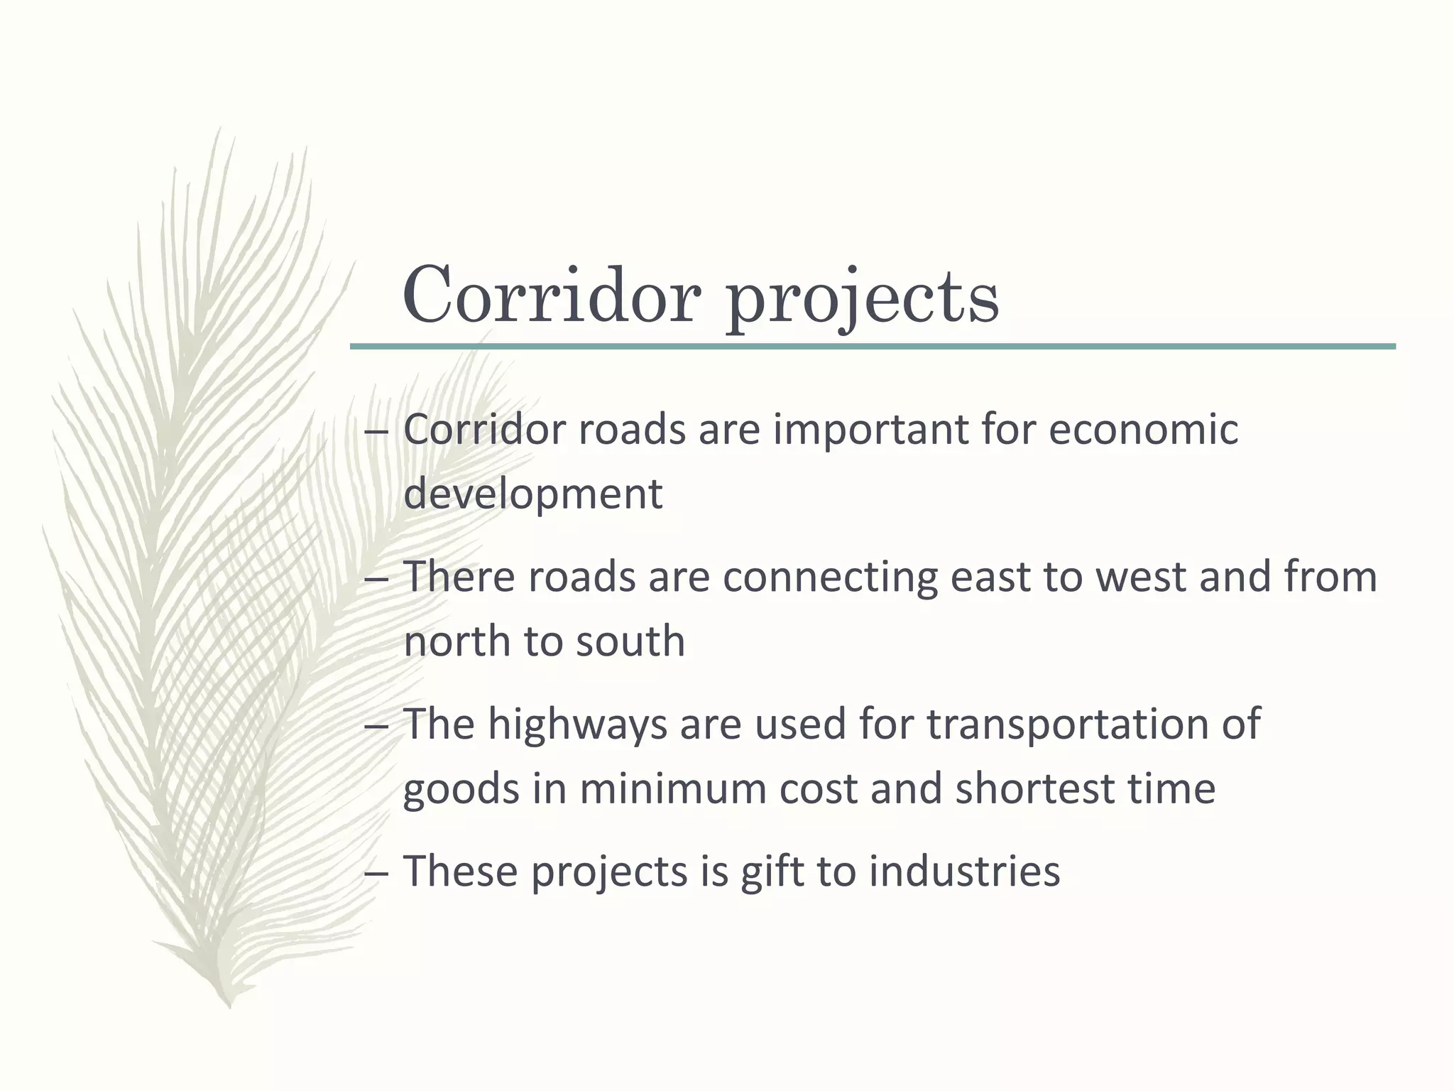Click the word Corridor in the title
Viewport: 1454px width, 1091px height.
[552, 295]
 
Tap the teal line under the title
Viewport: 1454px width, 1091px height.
[872, 347]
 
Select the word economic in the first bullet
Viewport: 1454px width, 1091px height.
[1143, 430]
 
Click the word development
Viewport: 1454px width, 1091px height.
[532, 494]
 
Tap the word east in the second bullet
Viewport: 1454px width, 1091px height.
[990, 577]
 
